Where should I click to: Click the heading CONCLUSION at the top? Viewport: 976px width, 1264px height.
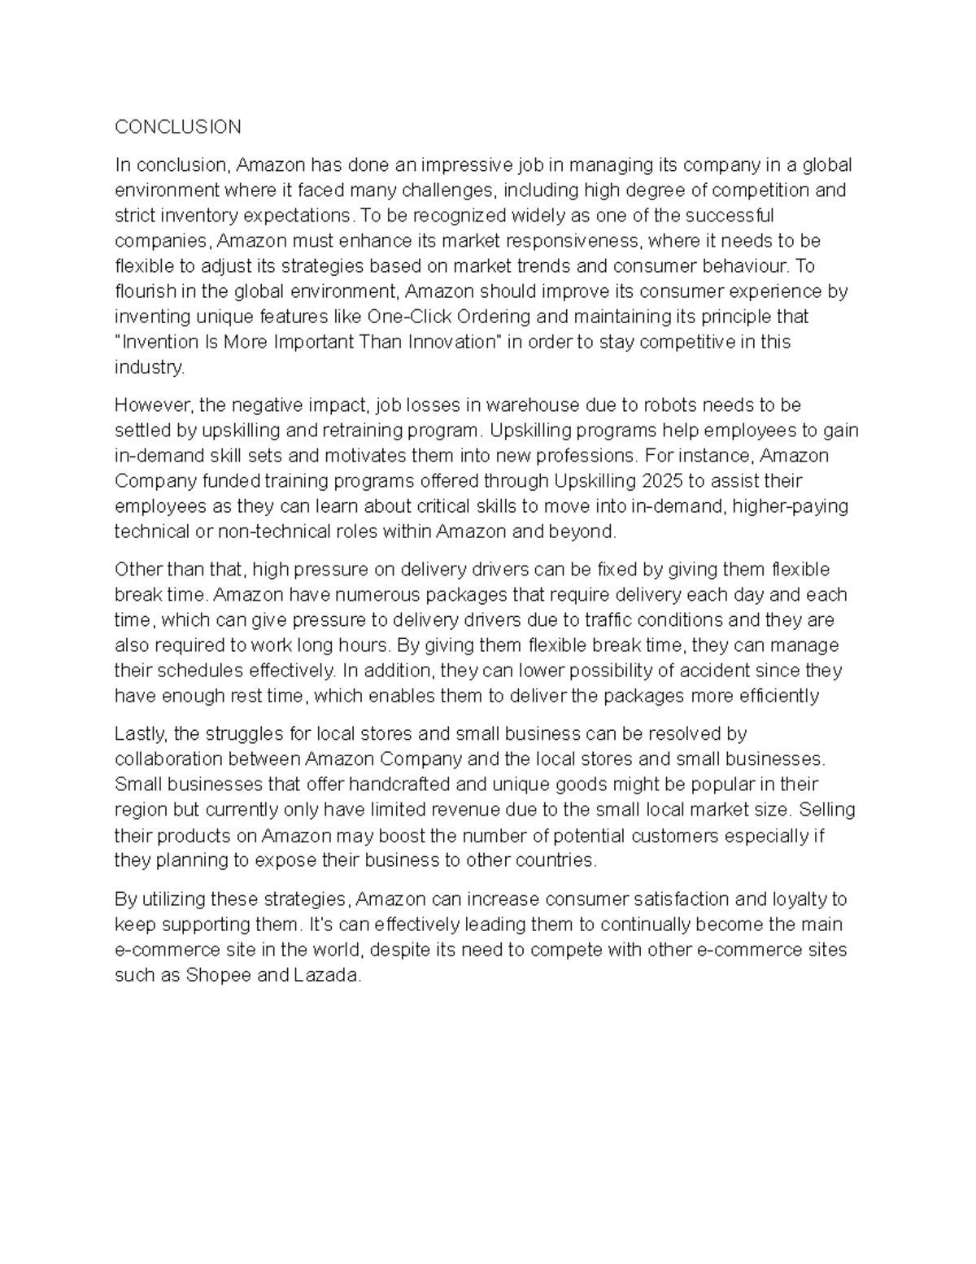coord(177,127)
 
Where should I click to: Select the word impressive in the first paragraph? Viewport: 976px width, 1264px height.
coord(464,165)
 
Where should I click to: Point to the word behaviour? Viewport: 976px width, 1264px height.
coord(747,266)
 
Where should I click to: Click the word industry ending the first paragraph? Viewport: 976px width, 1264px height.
coord(149,367)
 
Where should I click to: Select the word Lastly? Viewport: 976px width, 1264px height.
coord(141,734)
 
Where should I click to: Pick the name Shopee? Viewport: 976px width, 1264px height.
coord(219,975)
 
